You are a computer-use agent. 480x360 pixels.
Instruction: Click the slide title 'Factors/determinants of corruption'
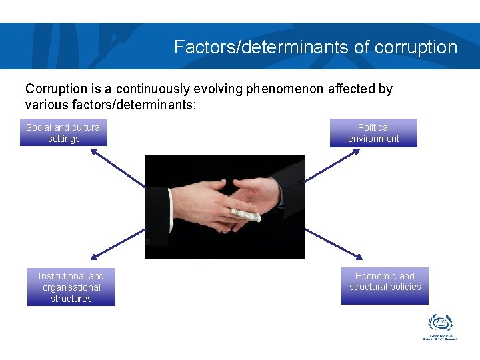tap(315, 47)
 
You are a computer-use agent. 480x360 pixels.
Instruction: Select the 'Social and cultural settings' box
tap(64, 133)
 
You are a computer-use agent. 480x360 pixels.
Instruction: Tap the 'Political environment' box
tap(373, 133)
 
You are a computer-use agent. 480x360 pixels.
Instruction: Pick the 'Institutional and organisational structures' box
tap(71, 287)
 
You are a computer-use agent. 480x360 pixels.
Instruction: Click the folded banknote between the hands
tap(245, 215)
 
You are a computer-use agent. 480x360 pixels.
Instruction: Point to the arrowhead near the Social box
tap(94, 151)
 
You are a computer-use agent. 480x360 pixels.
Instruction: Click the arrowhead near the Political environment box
tap(357, 151)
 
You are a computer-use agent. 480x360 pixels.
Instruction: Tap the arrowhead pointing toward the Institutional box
tap(94, 256)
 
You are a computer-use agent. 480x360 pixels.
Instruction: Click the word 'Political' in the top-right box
tap(374, 127)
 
